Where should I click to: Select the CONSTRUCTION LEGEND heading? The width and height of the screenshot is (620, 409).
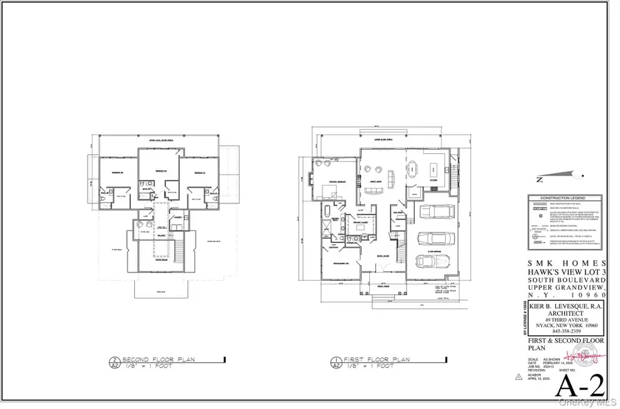[566, 197]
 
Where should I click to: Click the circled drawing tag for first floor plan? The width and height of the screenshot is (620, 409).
[335, 362]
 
